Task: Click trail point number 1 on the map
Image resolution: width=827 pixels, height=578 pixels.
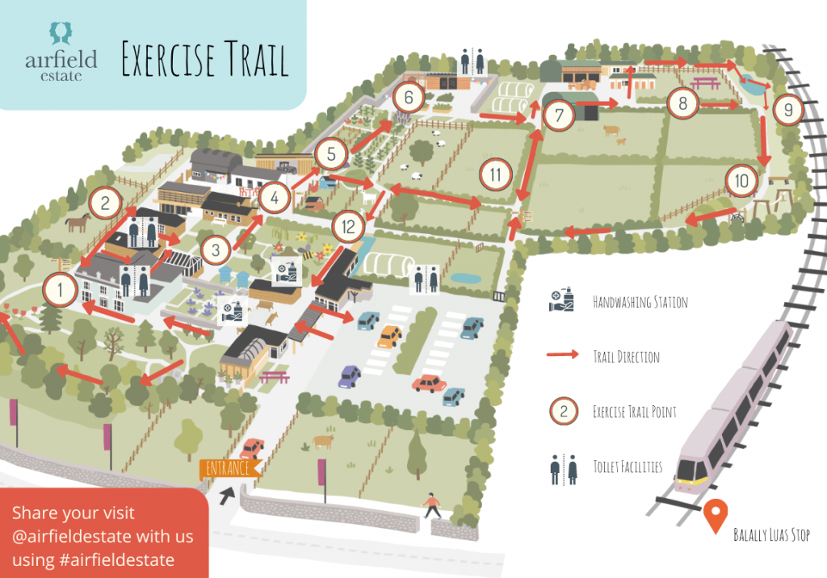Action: (x=60, y=290)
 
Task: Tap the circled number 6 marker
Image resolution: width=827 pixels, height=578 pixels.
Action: (x=409, y=97)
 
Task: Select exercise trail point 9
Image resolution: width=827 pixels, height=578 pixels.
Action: (x=788, y=110)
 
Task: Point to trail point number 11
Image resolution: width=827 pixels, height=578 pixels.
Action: (x=496, y=174)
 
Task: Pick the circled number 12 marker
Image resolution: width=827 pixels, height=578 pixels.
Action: (x=348, y=227)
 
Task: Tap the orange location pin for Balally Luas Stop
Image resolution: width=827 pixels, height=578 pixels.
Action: (x=716, y=515)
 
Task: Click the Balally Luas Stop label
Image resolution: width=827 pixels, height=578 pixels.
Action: (x=771, y=534)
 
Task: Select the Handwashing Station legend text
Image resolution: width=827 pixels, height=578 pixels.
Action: (x=640, y=302)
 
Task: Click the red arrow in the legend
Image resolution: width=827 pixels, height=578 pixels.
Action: (x=563, y=354)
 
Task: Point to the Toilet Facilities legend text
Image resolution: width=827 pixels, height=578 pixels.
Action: (x=628, y=467)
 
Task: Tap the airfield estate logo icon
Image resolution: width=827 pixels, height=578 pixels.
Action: (x=61, y=33)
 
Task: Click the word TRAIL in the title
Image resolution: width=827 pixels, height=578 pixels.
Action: (x=256, y=59)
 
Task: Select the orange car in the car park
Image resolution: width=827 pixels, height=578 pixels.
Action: (x=389, y=337)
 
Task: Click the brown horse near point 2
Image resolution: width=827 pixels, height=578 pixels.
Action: (x=78, y=223)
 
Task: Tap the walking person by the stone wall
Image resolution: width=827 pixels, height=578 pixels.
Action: (x=432, y=506)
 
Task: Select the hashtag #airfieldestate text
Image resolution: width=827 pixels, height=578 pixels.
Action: (x=117, y=559)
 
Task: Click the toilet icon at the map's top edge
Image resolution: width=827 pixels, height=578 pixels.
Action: (x=472, y=61)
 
